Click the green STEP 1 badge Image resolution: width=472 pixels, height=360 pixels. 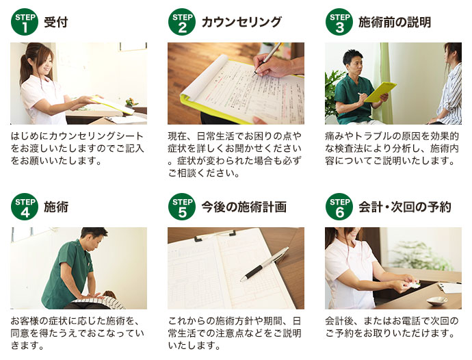pos(25,22)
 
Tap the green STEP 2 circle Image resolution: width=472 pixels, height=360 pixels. pos(182,22)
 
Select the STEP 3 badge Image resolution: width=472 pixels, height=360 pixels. pos(339,22)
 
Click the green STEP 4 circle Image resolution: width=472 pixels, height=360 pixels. pos(25,207)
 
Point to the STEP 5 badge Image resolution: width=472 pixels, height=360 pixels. pos(182,207)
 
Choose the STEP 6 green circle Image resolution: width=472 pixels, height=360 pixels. pos(339,207)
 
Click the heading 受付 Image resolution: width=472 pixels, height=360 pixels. pos(56,23)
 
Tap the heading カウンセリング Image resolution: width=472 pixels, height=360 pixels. pos(241,23)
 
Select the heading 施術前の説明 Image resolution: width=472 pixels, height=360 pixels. pos(395,23)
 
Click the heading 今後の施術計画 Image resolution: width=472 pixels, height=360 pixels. pos(244,207)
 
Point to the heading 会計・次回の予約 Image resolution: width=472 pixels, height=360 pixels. pos(405,207)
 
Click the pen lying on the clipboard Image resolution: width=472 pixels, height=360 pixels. pos(265,264)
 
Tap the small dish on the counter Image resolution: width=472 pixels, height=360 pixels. pos(437,300)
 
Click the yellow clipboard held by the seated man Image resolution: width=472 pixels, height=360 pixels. pos(380,92)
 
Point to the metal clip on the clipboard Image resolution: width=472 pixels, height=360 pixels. pos(215,235)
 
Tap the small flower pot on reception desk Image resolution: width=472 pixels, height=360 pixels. pos(130,103)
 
